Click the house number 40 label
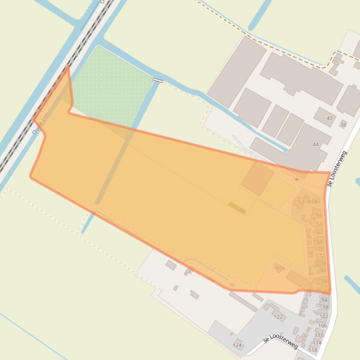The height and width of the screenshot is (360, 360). tap(329, 118)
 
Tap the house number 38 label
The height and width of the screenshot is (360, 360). tap(343, 125)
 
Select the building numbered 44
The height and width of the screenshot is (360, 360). tap(315, 144)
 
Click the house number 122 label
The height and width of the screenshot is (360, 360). tap(278, 317)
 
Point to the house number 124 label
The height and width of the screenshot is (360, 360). tap(237, 346)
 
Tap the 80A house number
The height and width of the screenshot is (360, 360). tap(280, 268)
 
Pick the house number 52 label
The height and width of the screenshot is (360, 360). tap(301, 202)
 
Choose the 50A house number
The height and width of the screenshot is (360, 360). tap(313, 202)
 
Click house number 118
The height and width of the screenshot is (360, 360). tap(313, 350)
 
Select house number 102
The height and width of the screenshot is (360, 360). tap(324, 317)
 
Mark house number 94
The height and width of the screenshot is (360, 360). tap(324, 300)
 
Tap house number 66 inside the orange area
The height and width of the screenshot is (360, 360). tap(320, 242)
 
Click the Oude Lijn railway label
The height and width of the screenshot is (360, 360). tap(40, 123)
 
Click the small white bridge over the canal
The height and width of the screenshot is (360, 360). tap(158, 80)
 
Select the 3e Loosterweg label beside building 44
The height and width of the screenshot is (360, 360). tap(338, 169)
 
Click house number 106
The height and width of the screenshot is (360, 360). tap(323, 326)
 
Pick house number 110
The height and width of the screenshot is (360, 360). tap(319, 335)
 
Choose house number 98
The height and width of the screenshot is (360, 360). tap(325, 308)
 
